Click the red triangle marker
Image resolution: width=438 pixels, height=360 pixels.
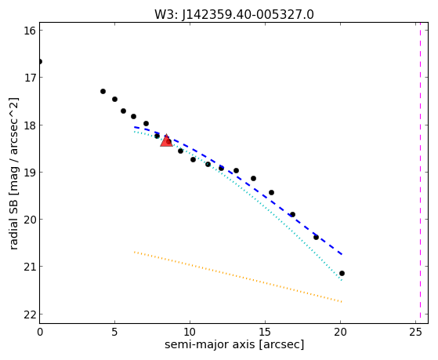click(166, 140)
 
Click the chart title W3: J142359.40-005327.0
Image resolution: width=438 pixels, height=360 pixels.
click(234, 15)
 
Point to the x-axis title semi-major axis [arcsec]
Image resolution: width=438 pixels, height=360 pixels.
click(234, 344)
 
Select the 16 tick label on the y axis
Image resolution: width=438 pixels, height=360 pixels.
click(30, 31)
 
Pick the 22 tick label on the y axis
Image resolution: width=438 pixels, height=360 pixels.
click(30, 315)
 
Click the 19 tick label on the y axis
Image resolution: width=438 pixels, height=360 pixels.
click(30, 172)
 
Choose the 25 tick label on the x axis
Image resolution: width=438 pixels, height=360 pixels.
click(415, 333)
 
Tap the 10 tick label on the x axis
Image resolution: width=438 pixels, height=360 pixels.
click(190, 333)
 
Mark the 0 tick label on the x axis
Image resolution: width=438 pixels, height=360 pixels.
click(40, 333)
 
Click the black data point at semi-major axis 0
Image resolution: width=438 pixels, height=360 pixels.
click(40, 61)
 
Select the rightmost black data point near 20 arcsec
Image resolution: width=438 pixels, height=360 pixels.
click(342, 273)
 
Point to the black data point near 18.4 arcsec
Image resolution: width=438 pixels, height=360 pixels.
click(316, 237)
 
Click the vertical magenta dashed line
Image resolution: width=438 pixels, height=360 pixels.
click(420, 173)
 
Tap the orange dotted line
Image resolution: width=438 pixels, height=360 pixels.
click(237, 277)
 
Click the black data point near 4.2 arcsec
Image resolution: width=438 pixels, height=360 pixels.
click(103, 91)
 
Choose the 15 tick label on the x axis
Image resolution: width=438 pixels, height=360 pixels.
click(265, 333)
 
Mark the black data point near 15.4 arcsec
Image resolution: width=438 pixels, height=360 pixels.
click(271, 192)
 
